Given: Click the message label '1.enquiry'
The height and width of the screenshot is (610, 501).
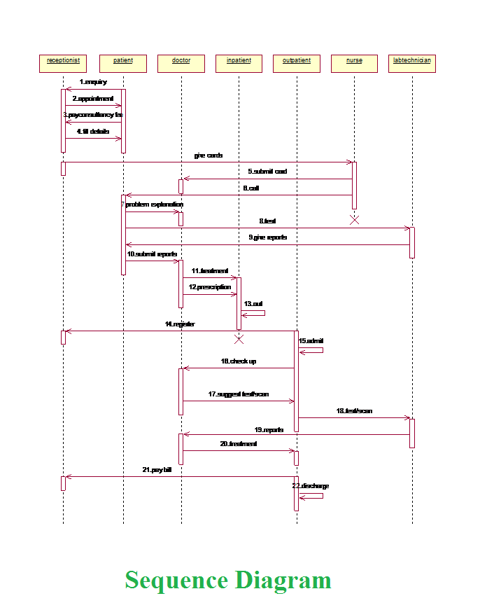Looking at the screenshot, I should (93, 82).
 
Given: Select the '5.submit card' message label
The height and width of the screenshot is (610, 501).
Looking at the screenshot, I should (267, 171).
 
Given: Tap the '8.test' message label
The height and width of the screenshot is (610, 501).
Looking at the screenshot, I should (267, 221).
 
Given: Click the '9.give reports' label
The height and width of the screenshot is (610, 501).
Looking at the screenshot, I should (267, 237).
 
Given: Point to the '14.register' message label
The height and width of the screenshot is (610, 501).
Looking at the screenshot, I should (180, 324).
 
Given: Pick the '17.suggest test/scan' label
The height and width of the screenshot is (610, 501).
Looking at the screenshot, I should (238, 394).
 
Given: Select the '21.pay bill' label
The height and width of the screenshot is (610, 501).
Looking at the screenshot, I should (157, 470).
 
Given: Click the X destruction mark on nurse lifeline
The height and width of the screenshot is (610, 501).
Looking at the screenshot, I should (354, 220).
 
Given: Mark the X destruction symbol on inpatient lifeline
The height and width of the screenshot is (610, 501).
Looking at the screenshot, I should (239, 339).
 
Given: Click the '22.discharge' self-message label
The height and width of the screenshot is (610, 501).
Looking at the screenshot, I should (311, 486).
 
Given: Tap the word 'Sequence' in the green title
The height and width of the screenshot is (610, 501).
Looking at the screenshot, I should (177, 581).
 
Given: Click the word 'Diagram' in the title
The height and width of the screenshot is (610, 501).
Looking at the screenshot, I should (283, 581).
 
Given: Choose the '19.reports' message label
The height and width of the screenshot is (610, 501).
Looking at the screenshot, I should (269, 429).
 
